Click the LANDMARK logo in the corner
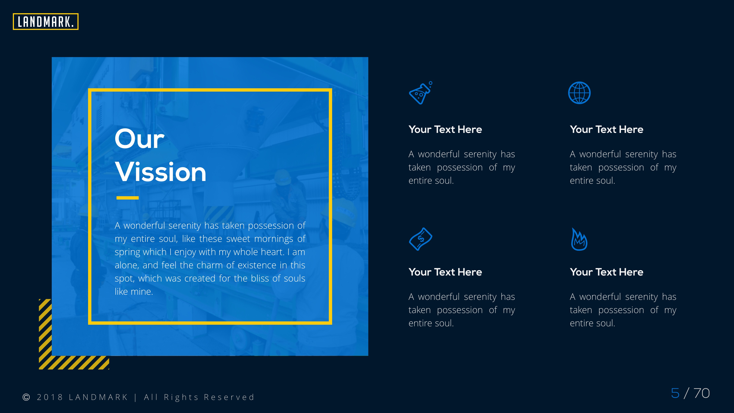tap(46, 22)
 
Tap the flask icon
tap(420, 93)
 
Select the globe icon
tap(579, 93)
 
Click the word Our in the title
tap(139, 139)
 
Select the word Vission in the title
tap(160, 172)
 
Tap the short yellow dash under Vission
tap(127, 198)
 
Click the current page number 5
tap(675, 393)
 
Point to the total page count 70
tap(702, 393)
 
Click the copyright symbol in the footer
tap(26, 397)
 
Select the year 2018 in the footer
tap(50, 397)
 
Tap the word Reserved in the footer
tap(229, 397)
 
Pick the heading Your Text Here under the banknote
tap(445, 272)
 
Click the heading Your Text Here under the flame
tap(606, 272)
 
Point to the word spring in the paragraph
tap(126, 252)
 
